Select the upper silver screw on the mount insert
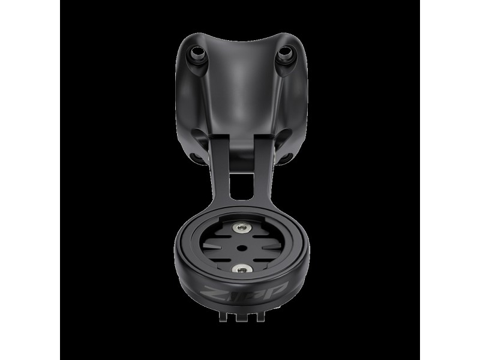coord(242,227)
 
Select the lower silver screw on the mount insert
coord(242,269)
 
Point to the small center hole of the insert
coord(242,247)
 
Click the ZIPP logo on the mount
coord(244,291)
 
